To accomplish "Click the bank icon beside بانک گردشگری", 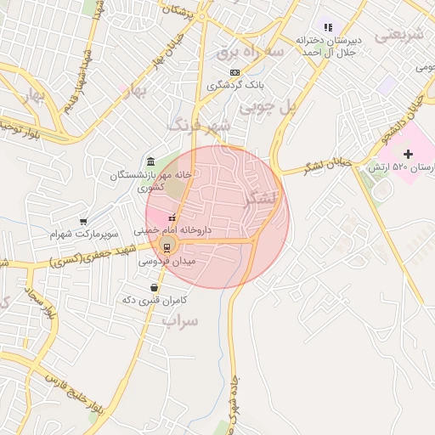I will click(235, 73).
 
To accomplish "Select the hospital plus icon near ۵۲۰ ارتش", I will click(409, 154).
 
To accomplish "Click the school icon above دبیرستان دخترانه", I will click(326, 26).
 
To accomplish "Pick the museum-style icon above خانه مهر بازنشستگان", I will click(150, 162).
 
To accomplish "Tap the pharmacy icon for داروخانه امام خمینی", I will click(173, 217).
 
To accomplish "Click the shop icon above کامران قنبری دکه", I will click(154, 287).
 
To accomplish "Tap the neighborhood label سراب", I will click(180, 321).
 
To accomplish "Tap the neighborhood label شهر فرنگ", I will click(200, 126).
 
